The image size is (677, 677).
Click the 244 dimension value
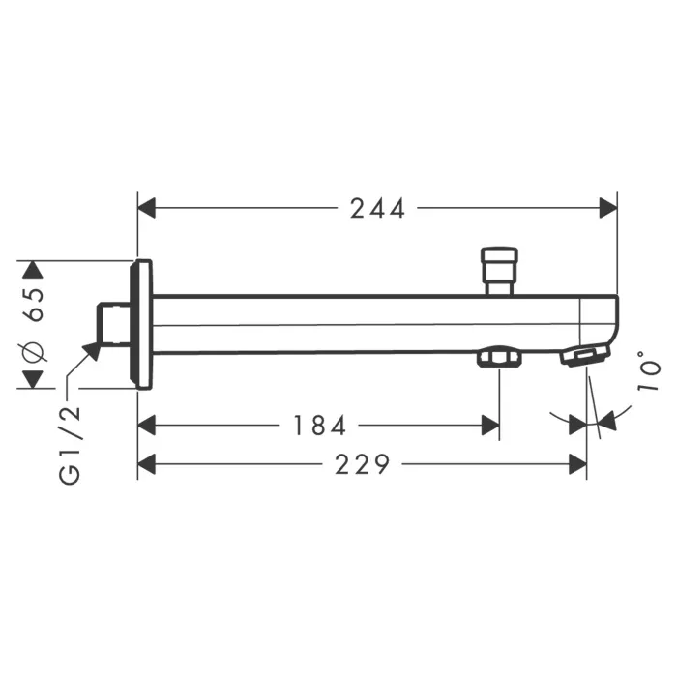click(x=377, y=209)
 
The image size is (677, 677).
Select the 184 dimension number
click(x=319, y=426)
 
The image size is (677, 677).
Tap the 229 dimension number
click(x=363, y=464)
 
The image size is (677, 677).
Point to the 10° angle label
click(x=649, y=371)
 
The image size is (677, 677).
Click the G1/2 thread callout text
click(x=70, y=445)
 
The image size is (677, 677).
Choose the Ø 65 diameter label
click(x=35, y=324)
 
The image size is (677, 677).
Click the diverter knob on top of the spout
click(x=500, y=271)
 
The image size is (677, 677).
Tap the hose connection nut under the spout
click(x=499, y=358)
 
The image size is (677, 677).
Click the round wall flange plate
click(x=141, y=325)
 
